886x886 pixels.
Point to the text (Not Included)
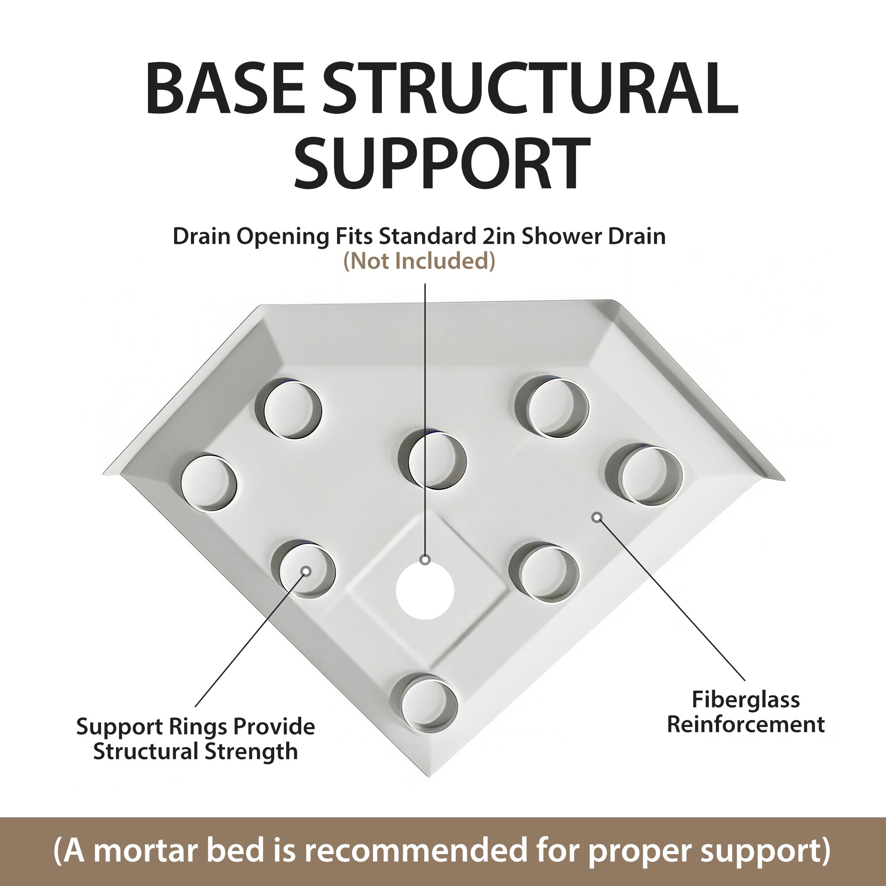tap(420, 261)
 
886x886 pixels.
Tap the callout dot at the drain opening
tap(425, 560)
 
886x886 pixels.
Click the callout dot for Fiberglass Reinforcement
tap(597, 518)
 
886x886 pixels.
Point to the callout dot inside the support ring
tap(307, 571)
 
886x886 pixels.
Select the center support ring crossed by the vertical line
tap(432, 460)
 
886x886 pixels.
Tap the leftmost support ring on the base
tap(209, 482)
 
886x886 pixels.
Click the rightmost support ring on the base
tap(644, 475)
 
